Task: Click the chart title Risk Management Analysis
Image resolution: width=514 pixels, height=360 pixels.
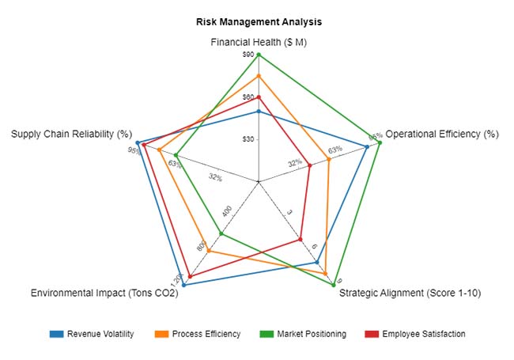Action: [259, 22]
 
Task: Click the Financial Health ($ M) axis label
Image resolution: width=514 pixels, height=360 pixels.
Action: [259, 42]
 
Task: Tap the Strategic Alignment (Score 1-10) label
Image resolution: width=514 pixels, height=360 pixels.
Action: [410, 294]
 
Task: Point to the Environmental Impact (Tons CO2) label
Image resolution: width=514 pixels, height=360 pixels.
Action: [104, 294]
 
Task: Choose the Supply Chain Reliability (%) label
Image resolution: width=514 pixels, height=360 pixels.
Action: [71, 134]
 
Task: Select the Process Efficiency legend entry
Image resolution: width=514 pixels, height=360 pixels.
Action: [198, 334]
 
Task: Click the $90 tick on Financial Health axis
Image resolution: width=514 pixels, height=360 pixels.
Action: [248, 55]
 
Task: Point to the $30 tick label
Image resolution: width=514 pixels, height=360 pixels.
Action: [248, 139]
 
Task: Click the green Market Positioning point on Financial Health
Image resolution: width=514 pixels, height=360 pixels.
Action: [259, 55]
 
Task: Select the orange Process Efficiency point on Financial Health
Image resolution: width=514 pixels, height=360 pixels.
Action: [259, 76]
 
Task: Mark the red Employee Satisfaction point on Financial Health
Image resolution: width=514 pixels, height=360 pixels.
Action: [259, 97]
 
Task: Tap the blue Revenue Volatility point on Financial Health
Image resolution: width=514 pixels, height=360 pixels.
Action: [259, 112]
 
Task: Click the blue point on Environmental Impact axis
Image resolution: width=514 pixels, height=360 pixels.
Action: [183, 284]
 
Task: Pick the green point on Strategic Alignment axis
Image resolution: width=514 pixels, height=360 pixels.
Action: [334, 283]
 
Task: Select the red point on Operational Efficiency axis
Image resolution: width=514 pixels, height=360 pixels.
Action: [309, 165]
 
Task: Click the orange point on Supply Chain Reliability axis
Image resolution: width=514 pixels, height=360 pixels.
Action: [159, 150]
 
